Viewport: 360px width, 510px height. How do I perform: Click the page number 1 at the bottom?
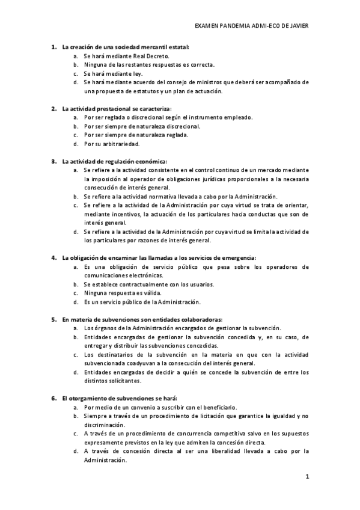coord(307,478)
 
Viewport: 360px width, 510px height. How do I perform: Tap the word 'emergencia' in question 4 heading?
coord(239,258)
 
